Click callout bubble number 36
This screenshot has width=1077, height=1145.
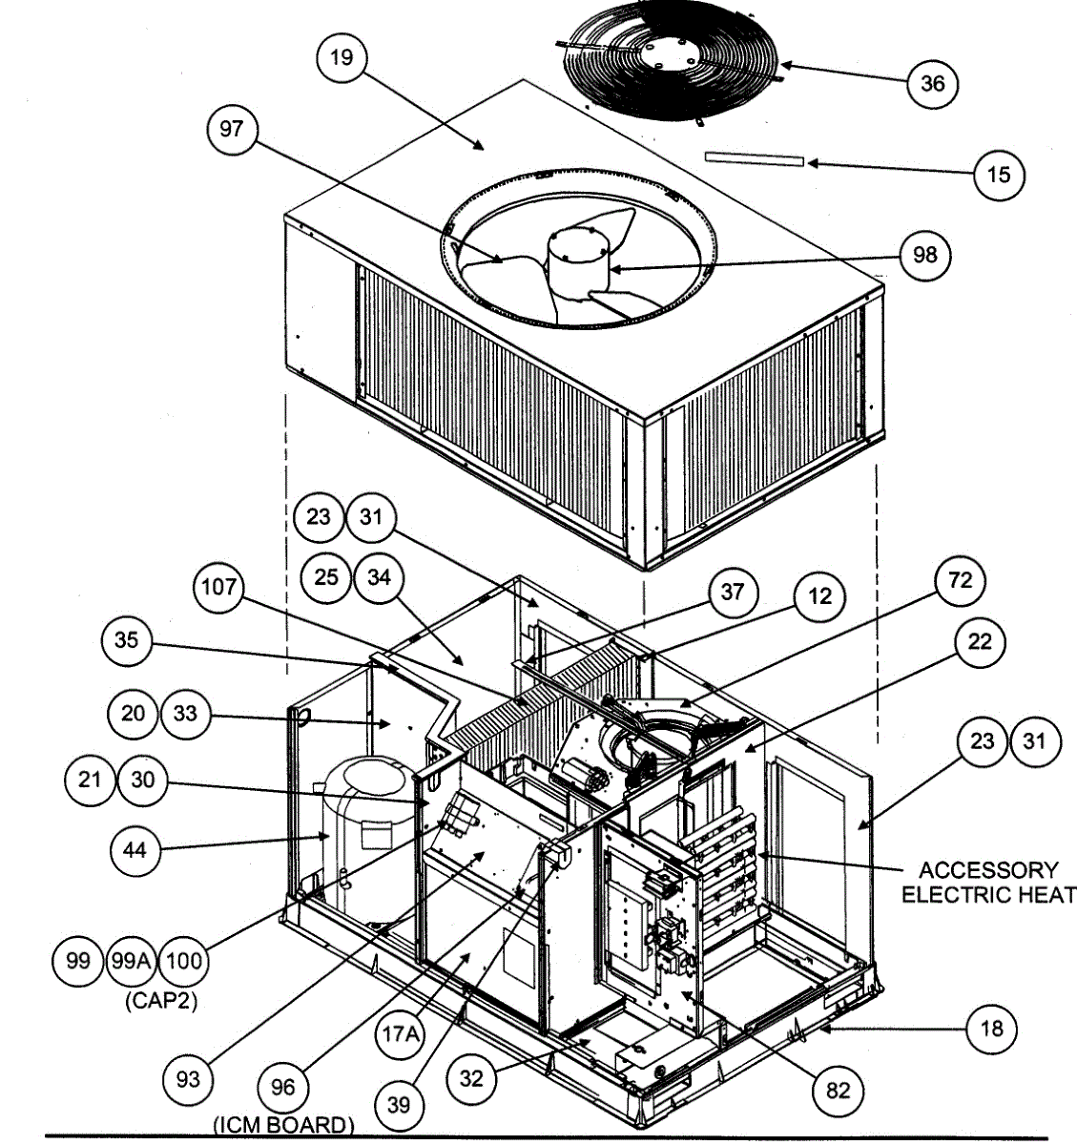point(931,84)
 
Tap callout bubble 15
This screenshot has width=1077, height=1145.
point(998,176)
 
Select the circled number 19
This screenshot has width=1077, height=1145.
point(341,57)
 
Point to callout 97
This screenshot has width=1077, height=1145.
point(232,129)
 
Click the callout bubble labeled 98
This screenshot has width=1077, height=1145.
point(924,255)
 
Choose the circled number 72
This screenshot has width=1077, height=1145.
point(960,579)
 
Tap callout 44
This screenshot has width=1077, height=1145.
point(135,847)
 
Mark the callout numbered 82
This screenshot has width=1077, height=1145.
point(837,1090)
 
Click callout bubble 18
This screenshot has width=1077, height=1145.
point(991,1029)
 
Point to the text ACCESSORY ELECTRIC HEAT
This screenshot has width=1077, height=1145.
point(987,882)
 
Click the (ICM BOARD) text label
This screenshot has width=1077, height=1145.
point(283,1125)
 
